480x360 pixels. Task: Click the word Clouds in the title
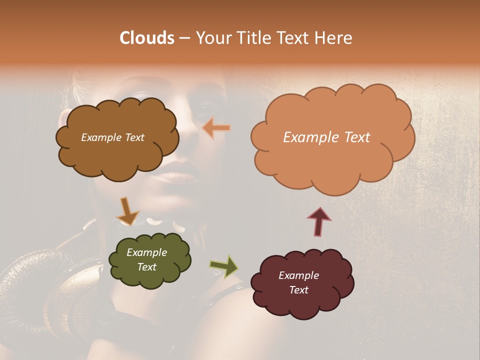point(146,38)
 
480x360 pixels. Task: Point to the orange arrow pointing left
point(216,128)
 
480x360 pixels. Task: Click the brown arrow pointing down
point(127,212)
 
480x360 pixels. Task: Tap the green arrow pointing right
point(224,266)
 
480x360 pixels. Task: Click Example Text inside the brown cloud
point(112,137)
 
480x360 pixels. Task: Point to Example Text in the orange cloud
point(326,137)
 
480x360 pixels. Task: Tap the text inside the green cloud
point(146,260)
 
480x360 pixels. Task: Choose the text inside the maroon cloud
point(298,283)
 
